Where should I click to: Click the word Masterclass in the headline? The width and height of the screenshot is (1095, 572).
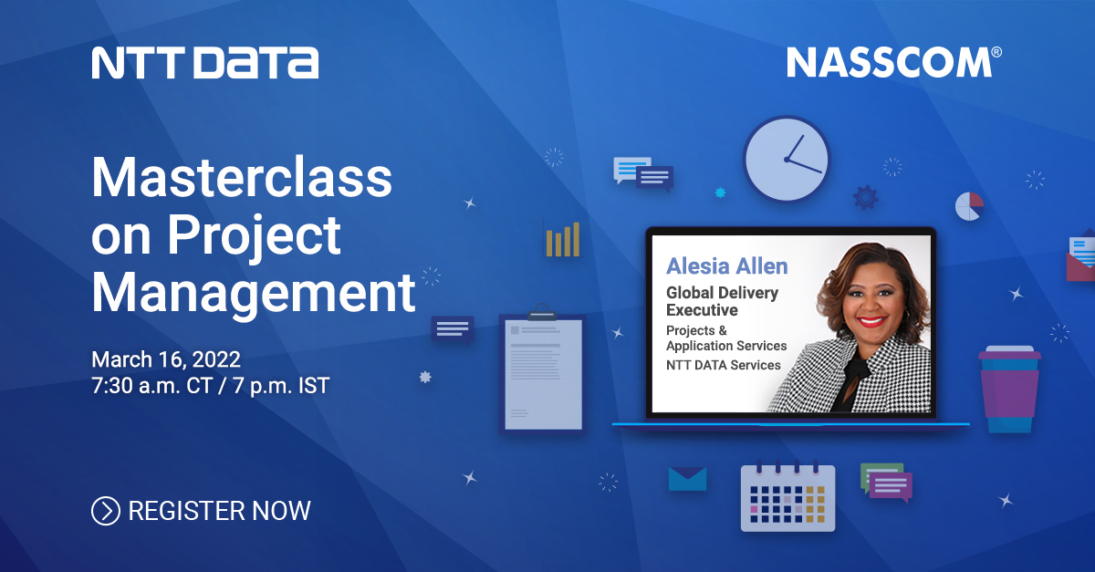tap(242, 178)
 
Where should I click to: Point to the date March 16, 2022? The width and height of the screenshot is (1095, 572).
tap(165, 358)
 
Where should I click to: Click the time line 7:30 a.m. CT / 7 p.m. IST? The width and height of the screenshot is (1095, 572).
tap(210, 386)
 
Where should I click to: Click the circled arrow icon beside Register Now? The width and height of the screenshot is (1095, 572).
tap(106, 511)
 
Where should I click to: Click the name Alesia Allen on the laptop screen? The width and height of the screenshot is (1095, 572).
tap(726, 265)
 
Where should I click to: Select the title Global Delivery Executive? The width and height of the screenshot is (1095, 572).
tap(722, 301)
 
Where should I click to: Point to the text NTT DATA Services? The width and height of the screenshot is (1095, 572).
tap(723, 365)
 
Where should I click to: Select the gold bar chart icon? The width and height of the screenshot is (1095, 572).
tap(562, 239)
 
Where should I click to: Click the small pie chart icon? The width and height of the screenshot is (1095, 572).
tap(968, 206)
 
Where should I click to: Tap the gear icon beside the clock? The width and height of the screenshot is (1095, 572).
tap(865, 197)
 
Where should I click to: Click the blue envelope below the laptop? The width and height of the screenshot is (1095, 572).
tap(688, 479)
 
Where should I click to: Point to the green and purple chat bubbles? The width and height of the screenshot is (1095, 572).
tap(885, 482)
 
